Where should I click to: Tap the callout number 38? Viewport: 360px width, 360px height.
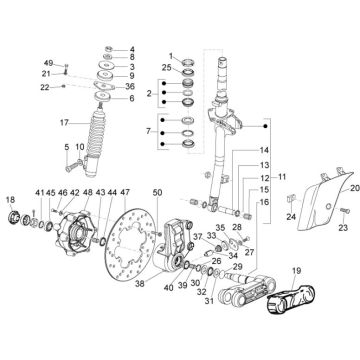139,284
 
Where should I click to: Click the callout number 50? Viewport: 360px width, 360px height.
157,192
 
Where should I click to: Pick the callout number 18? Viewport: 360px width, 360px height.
9,201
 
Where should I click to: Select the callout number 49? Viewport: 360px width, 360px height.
47,62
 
